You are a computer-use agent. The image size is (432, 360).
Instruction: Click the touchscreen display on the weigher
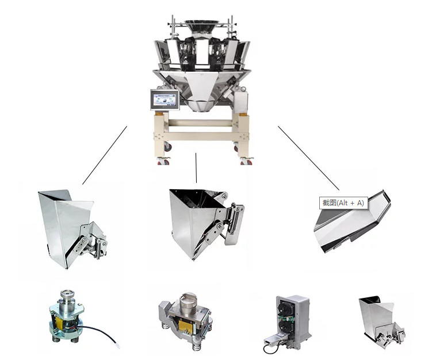pyautogui.click(x=165, y=99)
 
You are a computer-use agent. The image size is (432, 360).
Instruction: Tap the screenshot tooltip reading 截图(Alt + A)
pyautogui.click(x=343, y=203)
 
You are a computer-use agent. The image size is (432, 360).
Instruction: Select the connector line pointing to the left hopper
pyautogui.click(x=105, y=155)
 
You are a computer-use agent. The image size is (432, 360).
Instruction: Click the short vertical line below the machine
pyautogui.click(x=196, y=168)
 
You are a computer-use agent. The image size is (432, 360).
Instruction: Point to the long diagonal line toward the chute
pyautogui.click(x=308, y=158)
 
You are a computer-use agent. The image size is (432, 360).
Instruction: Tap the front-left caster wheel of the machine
pyautogui.click(x=163, y=161)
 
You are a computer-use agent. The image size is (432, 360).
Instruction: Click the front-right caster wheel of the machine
pyautogui.click(x=246, y=161)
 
